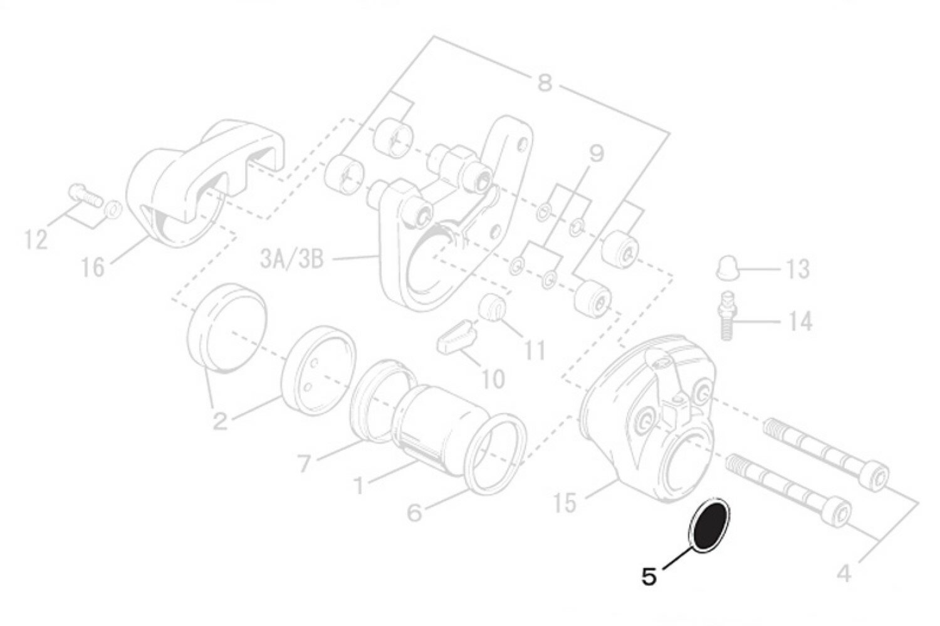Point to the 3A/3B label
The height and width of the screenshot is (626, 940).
coord(292,259)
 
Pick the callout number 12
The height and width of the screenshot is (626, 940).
coord(36,240)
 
